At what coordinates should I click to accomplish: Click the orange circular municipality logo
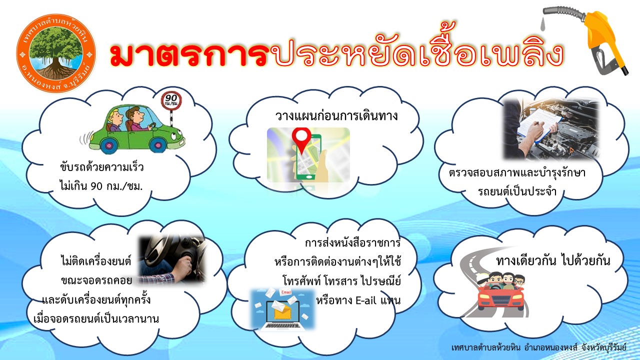(x=56, y=53)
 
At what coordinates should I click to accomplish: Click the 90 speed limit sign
(x=171, y=100)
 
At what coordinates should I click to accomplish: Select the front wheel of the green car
(x=157, y=144)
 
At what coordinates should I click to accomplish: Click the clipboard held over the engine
(x=538, y=125)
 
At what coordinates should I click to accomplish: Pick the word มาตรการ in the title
(x=189, y=55)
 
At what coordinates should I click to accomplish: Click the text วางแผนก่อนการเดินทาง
(x=336, y=116)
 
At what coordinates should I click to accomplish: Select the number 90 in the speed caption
(x=96, y=186)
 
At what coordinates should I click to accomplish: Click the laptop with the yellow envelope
(x=282, y=314)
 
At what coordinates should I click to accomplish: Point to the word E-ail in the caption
(x=366, y=300)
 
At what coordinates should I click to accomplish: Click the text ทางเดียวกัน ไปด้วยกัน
(x=553, y=260)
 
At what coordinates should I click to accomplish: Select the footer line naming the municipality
(x=539, y=347)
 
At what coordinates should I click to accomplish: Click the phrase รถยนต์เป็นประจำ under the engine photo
(x=517, y=191)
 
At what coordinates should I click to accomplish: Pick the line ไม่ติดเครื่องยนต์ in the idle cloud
(x=96, y=261)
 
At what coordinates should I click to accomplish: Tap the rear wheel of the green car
(x=109, y=145)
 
